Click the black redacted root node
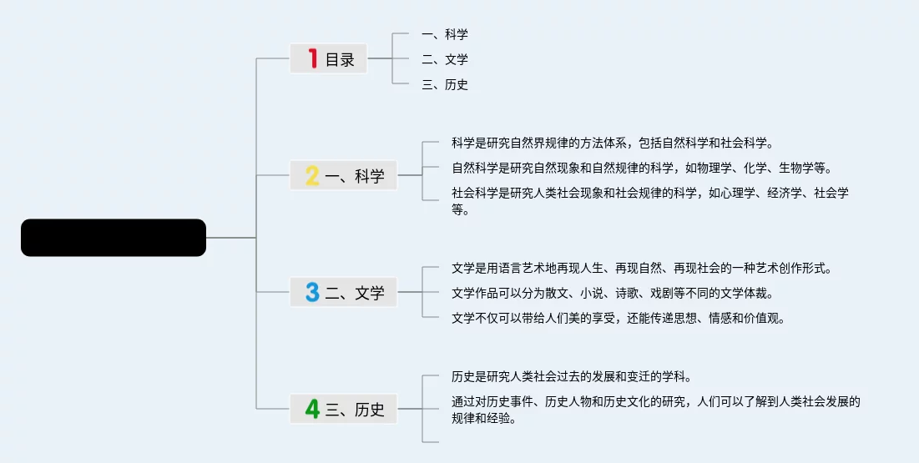coord(114,238)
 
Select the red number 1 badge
coord(313,58)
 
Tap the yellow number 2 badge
coord(312,175)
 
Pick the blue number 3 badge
coord(312,292)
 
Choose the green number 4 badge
coord(312,409)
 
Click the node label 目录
coord(340,59)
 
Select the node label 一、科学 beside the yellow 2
coord(355,176)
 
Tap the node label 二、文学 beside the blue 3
coord(355,293)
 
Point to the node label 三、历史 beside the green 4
coord(355,410)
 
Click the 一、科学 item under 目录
coord(445,34)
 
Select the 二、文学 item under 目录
coord(445,59)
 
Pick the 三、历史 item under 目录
coord(445,84)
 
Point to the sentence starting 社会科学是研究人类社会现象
coord(650,201)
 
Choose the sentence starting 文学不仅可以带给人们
coord(619,318)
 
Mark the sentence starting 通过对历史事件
coord(655,410)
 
